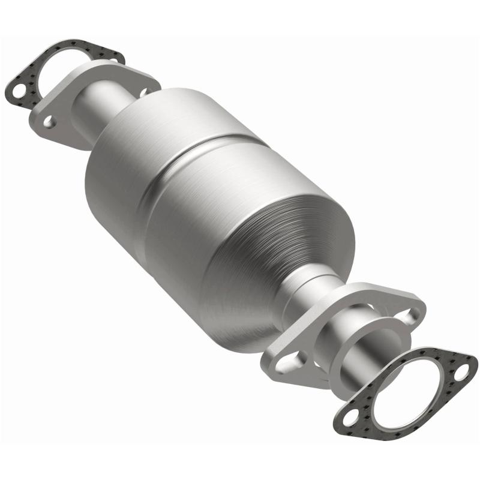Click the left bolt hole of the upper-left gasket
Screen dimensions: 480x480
[19, 91]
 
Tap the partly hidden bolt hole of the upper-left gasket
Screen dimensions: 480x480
[114, 58]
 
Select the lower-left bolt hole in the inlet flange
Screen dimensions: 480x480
[50, 122]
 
